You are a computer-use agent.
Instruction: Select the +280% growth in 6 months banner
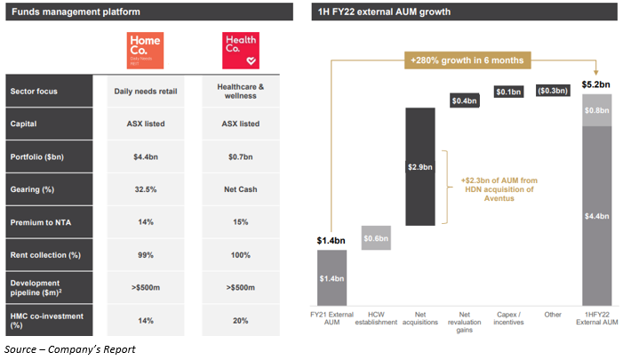tap(466, 60)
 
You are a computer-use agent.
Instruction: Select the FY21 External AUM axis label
tap(331, 318)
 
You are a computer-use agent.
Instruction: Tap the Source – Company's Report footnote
tap(70, 349)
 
